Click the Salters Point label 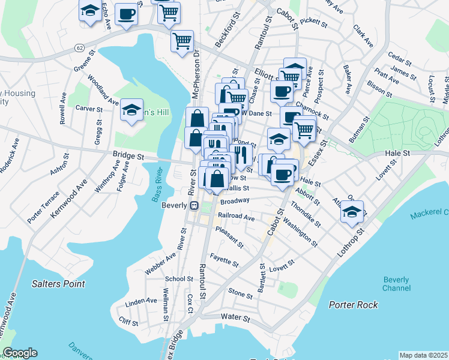58,283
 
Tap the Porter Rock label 354,305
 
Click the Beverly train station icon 194,206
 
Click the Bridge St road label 128,155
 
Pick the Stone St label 240,293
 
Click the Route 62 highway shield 79,46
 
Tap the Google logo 20,353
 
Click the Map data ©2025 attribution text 423,355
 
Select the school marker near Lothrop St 352,212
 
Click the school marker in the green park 131,110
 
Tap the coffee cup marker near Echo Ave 125,13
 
